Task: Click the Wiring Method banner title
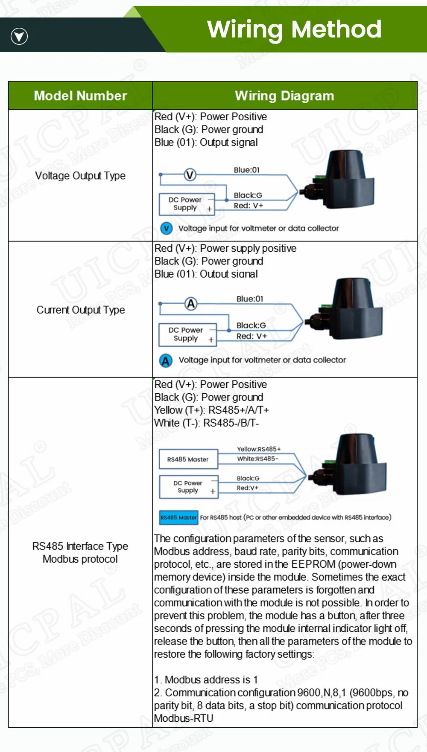(x=294, y=29)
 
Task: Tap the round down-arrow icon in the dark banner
(x=19, y=36)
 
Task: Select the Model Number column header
(x=80, y=96)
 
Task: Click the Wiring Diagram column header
(x=284, y=96)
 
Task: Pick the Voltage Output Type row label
(x=80, y=176)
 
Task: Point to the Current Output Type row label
(x=80, y=310)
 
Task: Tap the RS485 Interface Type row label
(x=80, y=546)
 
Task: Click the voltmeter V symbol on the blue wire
(x=190, y=174)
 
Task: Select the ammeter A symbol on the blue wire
(x=191, y=304)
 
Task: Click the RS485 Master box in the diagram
(x=188, y=459)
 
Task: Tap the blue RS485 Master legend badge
(x=178, y=517)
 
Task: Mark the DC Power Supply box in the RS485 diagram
(x=188, y=487)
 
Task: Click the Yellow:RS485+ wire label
(x=259, y=449)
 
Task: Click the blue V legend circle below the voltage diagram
(x=166, y=228)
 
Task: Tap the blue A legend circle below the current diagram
(x=166, y=360)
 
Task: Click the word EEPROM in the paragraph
(x=313, y=564)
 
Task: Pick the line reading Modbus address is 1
(x=206, y=679)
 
